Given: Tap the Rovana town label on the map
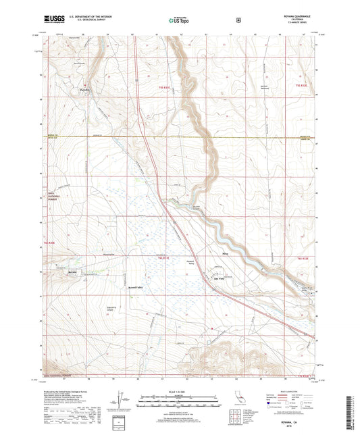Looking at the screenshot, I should (x=73, y=272).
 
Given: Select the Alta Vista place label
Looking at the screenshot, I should (x=219, y=278).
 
